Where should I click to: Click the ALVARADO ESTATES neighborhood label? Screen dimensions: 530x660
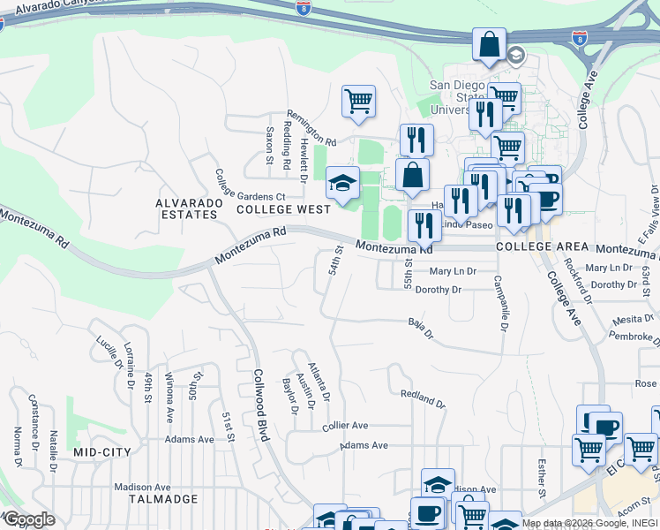186,208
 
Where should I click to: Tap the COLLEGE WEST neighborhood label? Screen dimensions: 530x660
282,209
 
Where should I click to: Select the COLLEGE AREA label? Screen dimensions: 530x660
536,248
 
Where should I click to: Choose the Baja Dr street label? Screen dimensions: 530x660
421,329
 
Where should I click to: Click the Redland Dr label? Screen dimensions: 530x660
423,398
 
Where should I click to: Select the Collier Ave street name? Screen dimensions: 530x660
344,425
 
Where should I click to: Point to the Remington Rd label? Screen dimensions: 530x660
311,129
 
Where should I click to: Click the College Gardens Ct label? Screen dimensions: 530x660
251,184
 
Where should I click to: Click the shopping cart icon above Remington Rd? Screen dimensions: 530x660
359,102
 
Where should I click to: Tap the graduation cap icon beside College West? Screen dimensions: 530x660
342,183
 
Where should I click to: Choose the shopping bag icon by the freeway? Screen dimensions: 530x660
489,44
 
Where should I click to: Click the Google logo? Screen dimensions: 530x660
29,519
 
